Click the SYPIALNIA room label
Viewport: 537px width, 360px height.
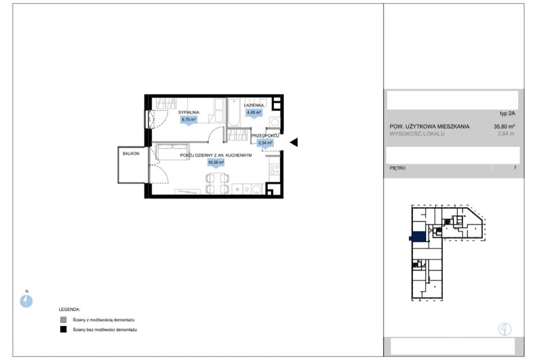click(188, 112)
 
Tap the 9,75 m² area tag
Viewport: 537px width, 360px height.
click(189, 119)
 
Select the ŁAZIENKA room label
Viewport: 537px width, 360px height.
click(254, 105)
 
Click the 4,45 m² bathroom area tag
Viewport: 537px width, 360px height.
click(254, 112)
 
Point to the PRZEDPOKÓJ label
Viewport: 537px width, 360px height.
click(265, 136)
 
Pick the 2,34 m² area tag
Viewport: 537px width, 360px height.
click(265, 143)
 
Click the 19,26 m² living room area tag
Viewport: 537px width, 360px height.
click(216, 162)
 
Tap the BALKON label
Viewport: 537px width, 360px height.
click(131, 154)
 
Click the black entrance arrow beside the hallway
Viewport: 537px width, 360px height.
click(294, 142)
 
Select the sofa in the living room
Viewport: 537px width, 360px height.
click(173, 152)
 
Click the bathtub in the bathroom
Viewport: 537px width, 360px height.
click(234, 112)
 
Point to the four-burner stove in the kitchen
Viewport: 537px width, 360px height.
click(274, 169)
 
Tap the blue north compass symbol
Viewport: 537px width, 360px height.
click(26, 301)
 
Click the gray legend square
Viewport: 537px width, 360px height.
click(63, 320)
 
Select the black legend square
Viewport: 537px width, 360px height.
click(63, 330)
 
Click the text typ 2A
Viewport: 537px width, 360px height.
click(507, 114)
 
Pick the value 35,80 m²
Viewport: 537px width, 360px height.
click(504, 127)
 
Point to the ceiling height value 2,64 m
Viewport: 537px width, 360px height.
click(506, 134)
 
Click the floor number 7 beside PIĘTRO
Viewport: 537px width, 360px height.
click(515, 168)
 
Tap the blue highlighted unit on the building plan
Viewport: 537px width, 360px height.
click(418, 237)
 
